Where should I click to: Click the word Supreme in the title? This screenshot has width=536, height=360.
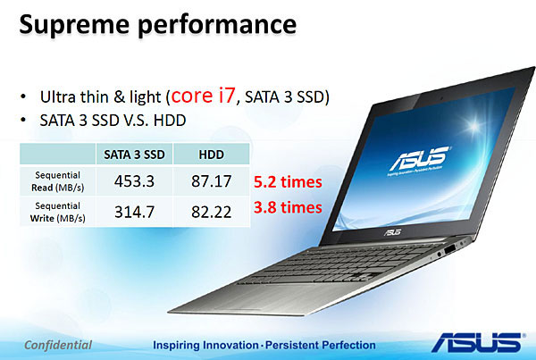tap(74, 25)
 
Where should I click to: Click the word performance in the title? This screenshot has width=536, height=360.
tap(217, 25)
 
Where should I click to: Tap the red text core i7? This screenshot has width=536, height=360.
tap(203, 96)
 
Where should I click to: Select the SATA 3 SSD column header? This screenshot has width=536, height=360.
tap(134, 155)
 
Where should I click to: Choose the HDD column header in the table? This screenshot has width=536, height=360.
tap(211, 155)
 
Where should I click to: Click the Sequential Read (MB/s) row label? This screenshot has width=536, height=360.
tap(58, 181)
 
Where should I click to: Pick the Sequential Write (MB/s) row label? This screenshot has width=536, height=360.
tap(58, 212)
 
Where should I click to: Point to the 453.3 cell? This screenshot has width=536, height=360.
tap(134, 181)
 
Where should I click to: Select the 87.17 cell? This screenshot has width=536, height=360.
tap(211, 181)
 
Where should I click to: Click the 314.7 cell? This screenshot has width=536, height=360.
tap(134, 212)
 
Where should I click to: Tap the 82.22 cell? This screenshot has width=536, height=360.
tap(211, 212)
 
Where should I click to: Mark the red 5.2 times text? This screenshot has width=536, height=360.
tap(288, 182)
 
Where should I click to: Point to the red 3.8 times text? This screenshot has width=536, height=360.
tap(288, 207)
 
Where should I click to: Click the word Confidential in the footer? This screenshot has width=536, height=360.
tap(58, 345)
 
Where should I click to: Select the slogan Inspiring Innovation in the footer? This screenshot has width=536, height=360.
tap(205, 345)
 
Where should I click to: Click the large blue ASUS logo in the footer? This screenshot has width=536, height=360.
tap(478, 342)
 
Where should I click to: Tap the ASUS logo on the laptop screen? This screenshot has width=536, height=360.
tap(420, 159)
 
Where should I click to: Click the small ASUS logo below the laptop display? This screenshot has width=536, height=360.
tap(392, 232)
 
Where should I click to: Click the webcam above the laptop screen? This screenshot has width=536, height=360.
tap(441, 98)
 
